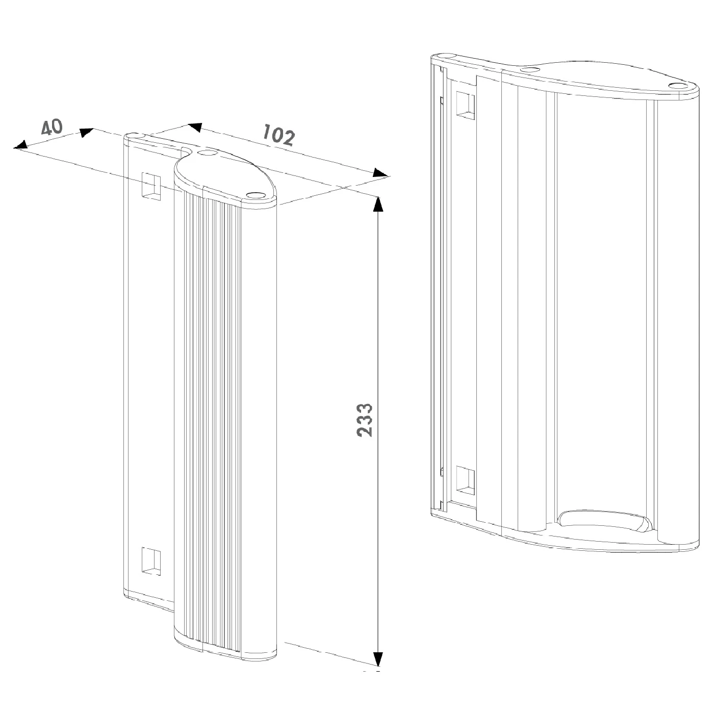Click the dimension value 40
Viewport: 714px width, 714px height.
[52, 127]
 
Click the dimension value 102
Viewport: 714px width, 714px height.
[278, 135]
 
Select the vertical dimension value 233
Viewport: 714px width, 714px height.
[365, 420]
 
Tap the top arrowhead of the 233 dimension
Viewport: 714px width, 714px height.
[378, 204]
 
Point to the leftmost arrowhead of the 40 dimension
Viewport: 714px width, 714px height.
[21, 144]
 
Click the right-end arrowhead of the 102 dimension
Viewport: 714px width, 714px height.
[380, 173]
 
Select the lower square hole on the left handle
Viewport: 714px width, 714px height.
[151, 562]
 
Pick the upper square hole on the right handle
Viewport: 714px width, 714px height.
[466, 105]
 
